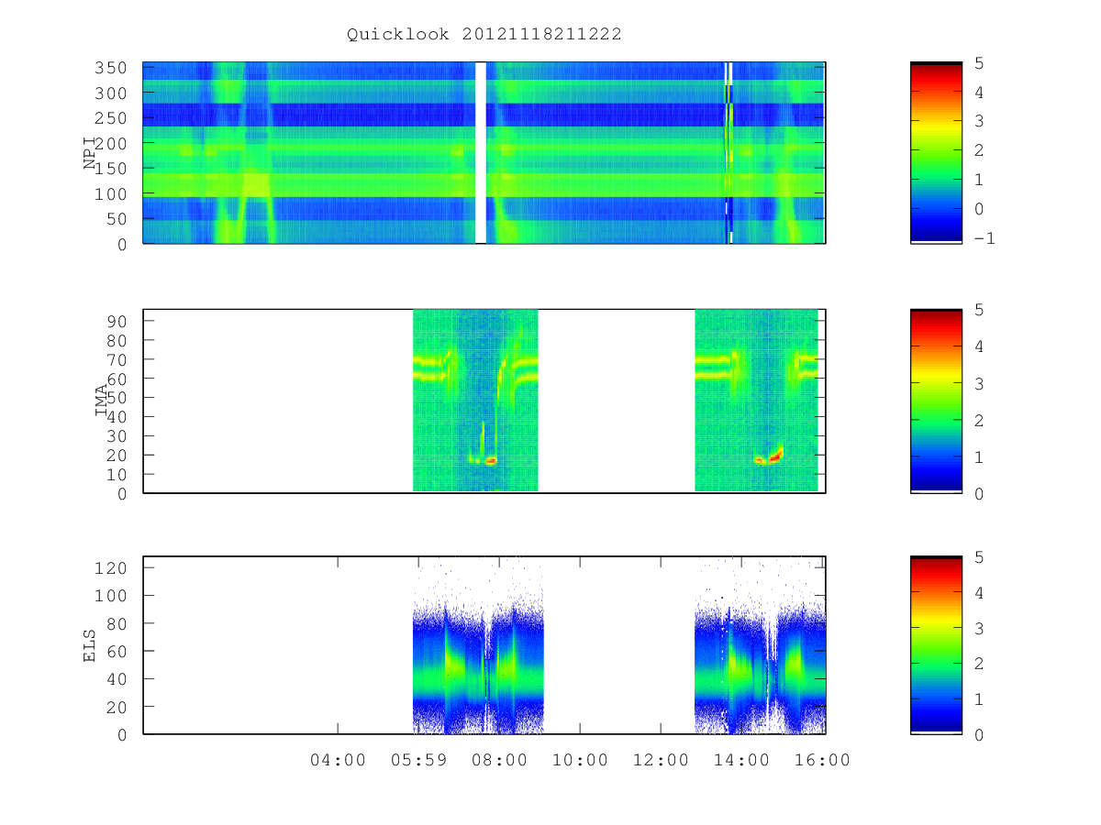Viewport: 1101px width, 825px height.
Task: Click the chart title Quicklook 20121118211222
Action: [x=484, y=34]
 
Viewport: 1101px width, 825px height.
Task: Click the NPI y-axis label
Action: [x=89, y=153]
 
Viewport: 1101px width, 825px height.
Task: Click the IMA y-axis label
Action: [x=101, y=400]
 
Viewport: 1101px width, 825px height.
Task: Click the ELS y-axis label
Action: [x=89, y=645]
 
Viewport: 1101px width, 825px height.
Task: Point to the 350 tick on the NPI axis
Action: [x=110, y=68]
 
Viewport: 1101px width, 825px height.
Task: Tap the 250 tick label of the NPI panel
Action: [x=110, y=118]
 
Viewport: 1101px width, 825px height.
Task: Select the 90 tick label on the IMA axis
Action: [x=117, y=321]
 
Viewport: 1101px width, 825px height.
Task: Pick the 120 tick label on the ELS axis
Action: [x=110, y=568]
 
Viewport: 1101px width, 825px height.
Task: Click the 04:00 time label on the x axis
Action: [x=338, y=760]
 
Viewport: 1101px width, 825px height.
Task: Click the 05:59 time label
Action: [x=418, y=760]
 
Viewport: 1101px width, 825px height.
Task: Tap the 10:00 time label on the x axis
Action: [x=580, y=760]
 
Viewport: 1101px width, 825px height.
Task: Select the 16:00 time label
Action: [x=821, y=760]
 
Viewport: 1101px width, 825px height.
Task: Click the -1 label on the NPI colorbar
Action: [x=984, y=238]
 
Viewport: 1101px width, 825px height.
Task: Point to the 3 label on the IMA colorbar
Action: [x=979, y=384]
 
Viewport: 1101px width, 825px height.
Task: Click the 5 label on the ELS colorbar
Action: [x=979, y=557]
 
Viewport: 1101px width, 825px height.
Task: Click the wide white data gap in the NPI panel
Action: [x=481, y=153]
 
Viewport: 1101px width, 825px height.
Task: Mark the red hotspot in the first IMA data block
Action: [x=491, y=460]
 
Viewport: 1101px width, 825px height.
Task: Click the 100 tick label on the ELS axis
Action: [x=110, y=596]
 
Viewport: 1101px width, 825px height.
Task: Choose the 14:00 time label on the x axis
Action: [x=741, y=760]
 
